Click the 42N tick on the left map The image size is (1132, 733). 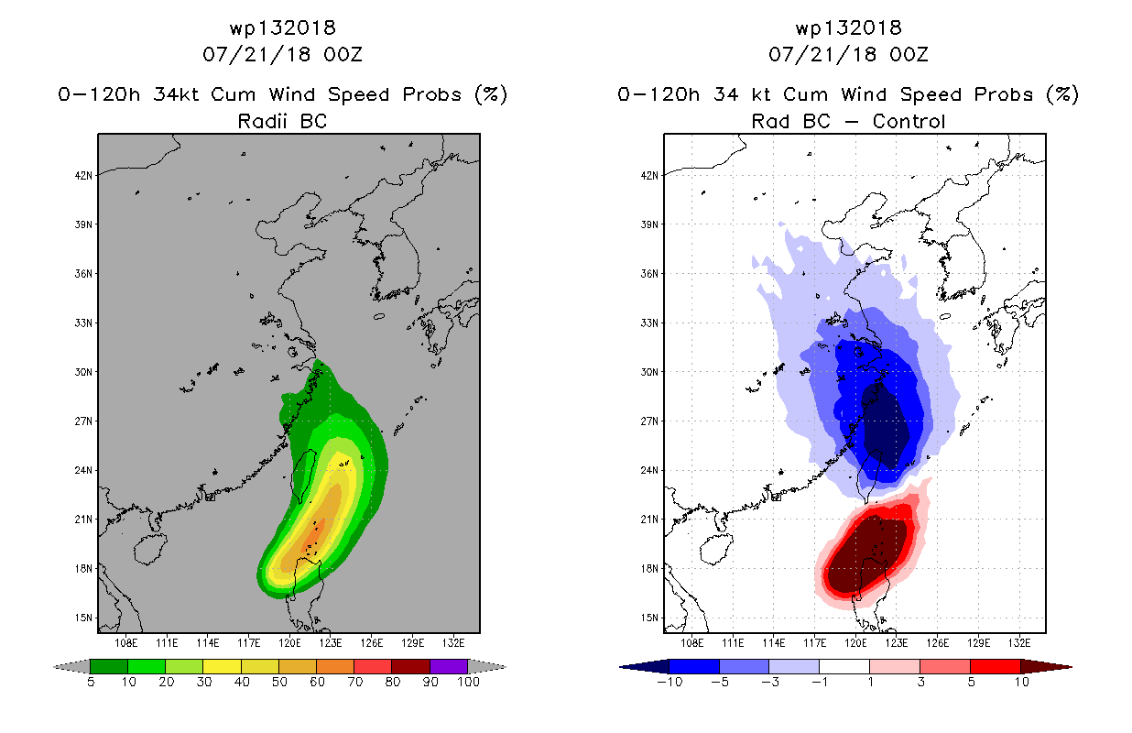[x=84, y=175]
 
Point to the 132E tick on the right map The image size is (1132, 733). [x=1018, y=643]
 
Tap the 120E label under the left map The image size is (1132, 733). [x=289, y=643]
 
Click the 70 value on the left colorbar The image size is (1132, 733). [x=354, y=682]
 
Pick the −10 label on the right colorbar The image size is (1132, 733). [x=669, y=682]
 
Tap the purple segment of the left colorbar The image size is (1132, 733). [x=449, y=666]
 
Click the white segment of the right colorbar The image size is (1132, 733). [x=844, y=666]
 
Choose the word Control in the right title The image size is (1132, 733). [x=909, y=121]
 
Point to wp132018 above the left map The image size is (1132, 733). [x=282, y=27]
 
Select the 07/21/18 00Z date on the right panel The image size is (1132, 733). [x=848, y=54]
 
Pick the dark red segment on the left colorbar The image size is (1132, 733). [x=411, y=666]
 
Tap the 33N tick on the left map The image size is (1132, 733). [x=84, y=323]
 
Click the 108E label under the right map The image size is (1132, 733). [x=691, y=643]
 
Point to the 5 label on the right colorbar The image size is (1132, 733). [x=971, y=682]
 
